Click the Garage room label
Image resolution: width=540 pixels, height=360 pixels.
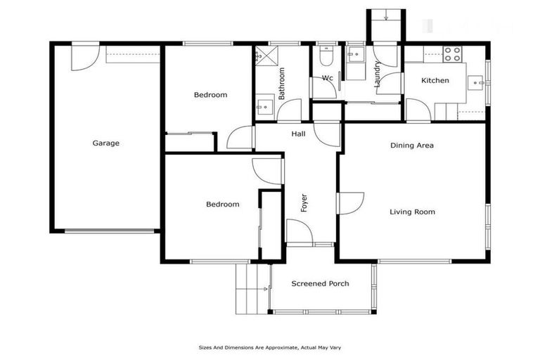(x=106, y=143)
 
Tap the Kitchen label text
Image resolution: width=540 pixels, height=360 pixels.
(x=435, y=81)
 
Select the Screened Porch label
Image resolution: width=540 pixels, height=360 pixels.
(x=319, y=284)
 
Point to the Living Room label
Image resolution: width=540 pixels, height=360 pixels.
(x=412, y=212)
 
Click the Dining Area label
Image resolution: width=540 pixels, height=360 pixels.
(x=412, y=146)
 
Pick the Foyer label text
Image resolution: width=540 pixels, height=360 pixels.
(x=304, y=203)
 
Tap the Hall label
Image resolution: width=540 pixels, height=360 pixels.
(x=297, y=134)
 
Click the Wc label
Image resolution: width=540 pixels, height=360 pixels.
(x=327, y=78)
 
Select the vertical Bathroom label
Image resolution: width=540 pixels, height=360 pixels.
(x=281, y=83)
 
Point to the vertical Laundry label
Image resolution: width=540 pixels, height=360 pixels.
(x=378, y=74)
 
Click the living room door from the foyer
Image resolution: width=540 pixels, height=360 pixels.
(x=349, y=202)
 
